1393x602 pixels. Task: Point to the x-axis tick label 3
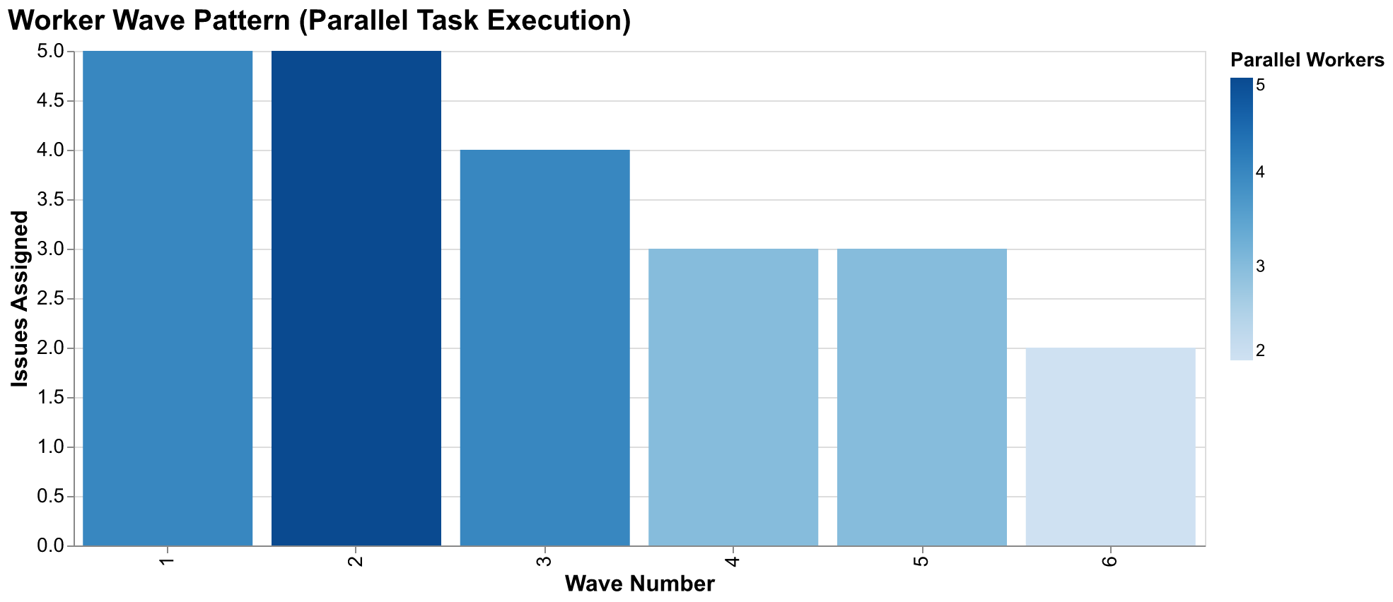(x=545, y=562)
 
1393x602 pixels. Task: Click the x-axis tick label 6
(x=1111, y=562)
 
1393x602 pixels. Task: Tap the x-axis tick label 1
(x=168, y=562)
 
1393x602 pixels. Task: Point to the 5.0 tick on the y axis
(x=51, y=52)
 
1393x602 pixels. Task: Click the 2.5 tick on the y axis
(x=51, y=299)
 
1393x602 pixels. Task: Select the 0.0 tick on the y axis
(x=51, y=546)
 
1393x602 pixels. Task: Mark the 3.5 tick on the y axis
(x=51, y=200)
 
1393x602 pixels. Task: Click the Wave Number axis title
(x=639, y=584)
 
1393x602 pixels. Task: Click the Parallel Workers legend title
(x=1307, y=61)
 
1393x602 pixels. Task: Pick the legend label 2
(x=1260, y=350)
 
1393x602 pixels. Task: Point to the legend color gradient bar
(x=1241, y=219)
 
